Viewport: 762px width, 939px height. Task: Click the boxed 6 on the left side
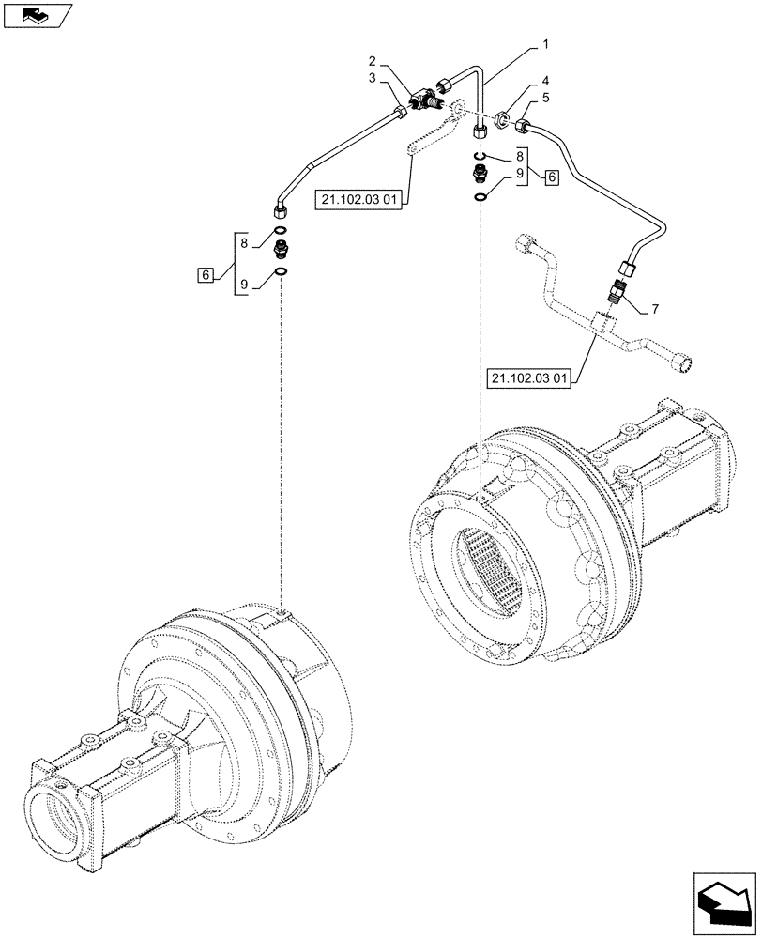coord(204,274)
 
